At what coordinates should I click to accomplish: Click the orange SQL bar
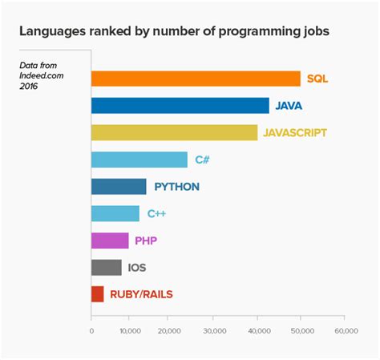196,79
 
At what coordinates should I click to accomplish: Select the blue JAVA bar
180,106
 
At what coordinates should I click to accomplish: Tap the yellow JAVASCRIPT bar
174,133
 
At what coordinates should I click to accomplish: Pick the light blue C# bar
139,160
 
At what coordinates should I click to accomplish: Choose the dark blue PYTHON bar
119,187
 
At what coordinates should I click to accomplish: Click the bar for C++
115,213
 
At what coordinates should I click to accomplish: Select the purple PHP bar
110,241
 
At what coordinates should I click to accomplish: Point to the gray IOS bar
107,267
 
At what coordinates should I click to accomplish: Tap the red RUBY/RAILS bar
98,294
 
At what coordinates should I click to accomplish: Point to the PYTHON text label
176,187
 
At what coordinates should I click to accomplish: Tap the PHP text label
146,241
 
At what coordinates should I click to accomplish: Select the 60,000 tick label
345,330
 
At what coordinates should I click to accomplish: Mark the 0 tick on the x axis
91,330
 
